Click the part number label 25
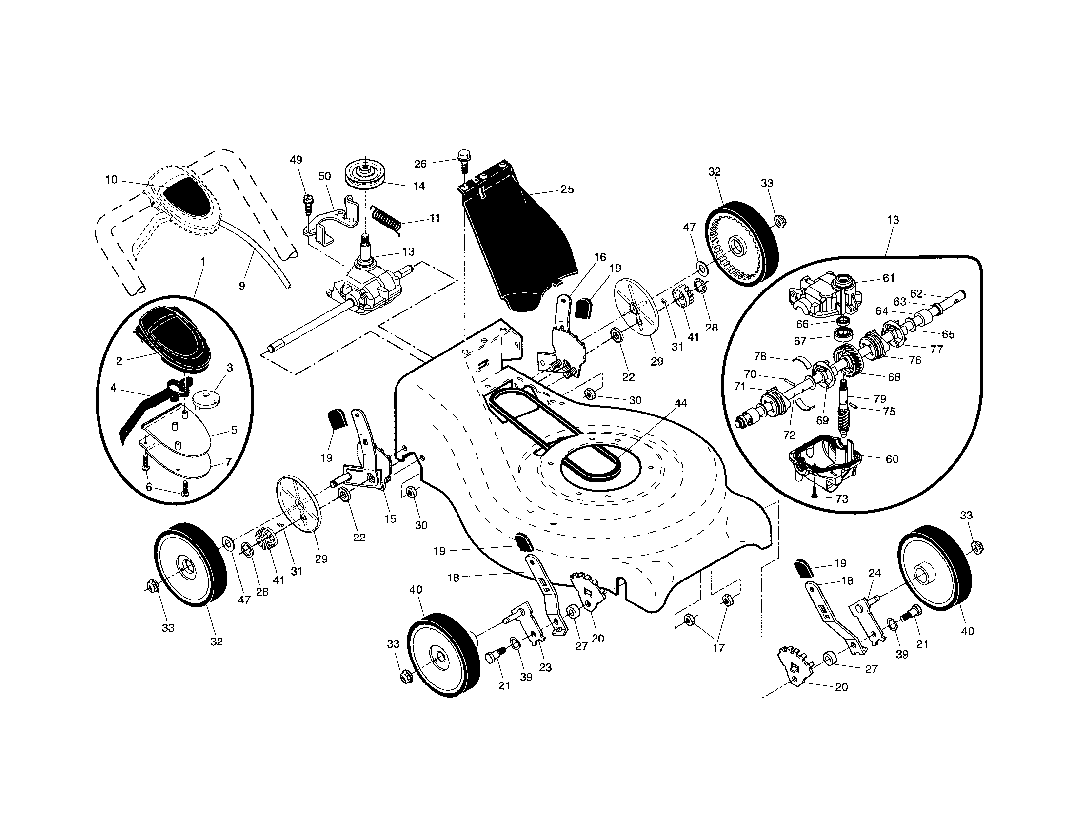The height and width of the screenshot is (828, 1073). pos(567,189)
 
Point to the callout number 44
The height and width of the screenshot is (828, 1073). pos(680,403)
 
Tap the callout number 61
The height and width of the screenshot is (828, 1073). pos(889,278)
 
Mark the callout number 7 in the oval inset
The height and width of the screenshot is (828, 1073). pos(228,462)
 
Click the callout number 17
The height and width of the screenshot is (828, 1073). pos(718,648)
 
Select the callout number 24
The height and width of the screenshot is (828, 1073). pos(874,573)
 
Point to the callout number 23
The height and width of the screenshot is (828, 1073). pos(545,667)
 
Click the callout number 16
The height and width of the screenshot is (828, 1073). pos(600,257)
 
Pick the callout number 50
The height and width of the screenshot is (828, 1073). pos(325,176)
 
